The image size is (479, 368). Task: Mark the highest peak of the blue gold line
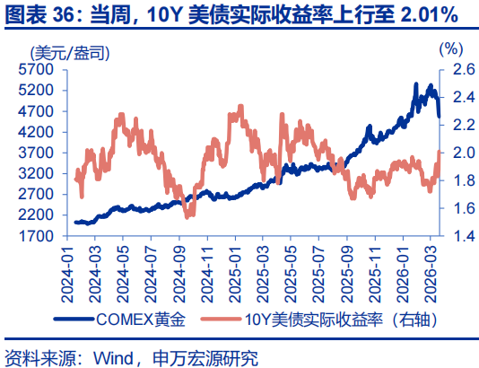(416, 83)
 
